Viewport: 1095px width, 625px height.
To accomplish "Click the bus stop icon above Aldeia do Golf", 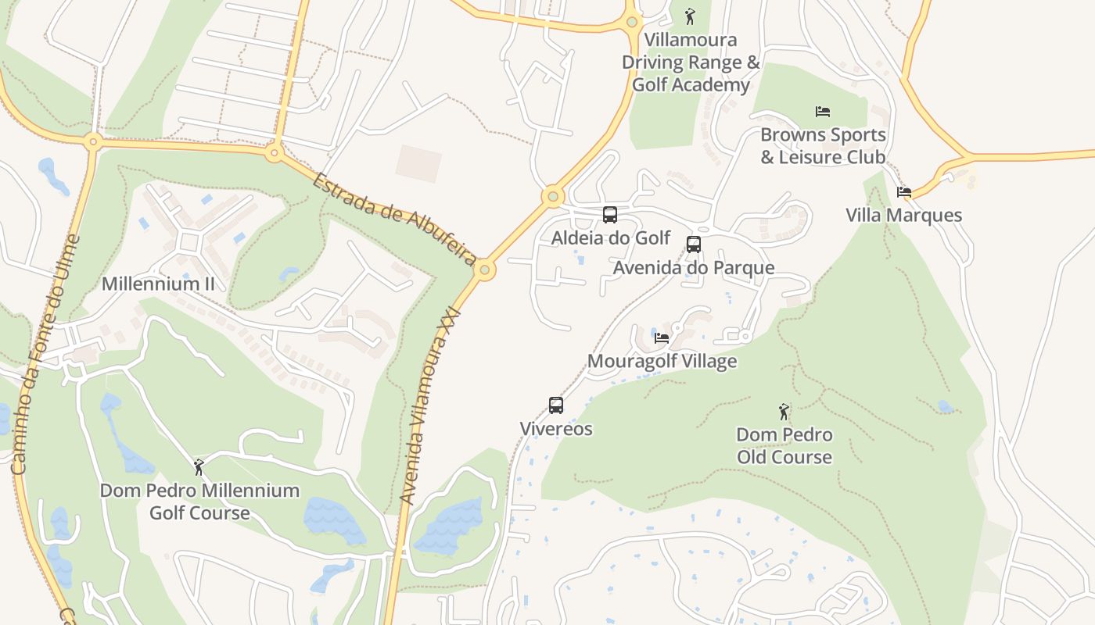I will (x=610, y=215).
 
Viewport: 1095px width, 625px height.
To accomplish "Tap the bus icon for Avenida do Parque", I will (x=694, y=245).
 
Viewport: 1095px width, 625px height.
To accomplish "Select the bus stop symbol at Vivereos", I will (x=556, y=405).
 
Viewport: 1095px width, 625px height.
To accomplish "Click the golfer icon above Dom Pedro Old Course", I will (x=784, y=412).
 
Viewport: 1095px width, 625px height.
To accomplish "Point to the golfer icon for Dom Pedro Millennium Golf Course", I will (x=199, y=467).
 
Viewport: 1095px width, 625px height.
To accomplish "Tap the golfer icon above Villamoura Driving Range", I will (x=690, y=16).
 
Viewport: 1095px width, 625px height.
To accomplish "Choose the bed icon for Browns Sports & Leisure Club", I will (x=823, y=112).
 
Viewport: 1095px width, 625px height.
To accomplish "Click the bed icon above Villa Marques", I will (x=904, y=192).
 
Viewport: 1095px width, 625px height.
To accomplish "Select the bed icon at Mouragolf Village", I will (x=662, y=338).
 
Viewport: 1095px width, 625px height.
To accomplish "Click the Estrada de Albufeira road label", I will (x=395, y=219).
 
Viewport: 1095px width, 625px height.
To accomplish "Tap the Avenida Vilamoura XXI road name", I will (x=429, y=406).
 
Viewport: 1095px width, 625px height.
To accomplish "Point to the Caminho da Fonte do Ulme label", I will (x=45, y=355).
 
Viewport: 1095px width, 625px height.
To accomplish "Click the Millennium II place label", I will (x=158, y=284).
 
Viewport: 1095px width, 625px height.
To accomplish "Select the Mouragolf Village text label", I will (x=662, y=361).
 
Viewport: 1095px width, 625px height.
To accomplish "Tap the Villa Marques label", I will (x=903, y=215).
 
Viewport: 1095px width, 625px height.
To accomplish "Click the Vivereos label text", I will (x=556, y=429).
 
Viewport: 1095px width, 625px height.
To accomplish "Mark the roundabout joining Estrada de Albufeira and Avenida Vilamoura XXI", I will (x=485, y=270).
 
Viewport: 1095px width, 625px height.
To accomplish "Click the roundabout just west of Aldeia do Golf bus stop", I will (x=553, y=195).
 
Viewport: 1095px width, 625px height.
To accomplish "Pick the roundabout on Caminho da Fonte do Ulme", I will (x=93, y=141).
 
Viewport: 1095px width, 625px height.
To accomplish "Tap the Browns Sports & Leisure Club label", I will (x=823, y=146).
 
